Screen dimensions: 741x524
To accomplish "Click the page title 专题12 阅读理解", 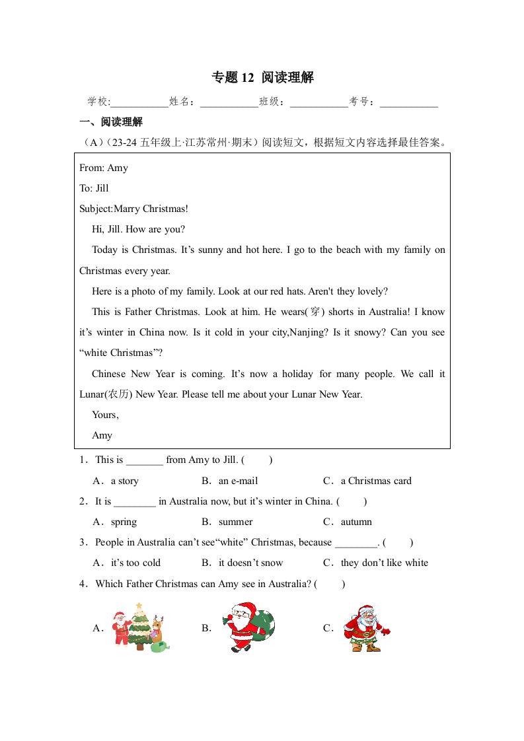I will pos(262,77).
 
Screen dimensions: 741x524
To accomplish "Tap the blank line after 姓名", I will pos(229,102).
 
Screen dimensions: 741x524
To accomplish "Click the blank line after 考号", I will pos(409,102).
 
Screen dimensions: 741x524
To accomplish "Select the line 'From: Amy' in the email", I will pos(104,168).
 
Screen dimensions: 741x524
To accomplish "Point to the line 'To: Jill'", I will pos(94,188).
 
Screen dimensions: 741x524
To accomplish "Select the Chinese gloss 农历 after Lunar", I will pos(121,394).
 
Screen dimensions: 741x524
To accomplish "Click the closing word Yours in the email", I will pos(104,415).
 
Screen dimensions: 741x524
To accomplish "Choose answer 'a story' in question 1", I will pos(125,481).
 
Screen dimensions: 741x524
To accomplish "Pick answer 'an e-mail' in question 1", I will pos(238,481).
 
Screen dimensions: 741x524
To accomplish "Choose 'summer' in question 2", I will pos(235,522).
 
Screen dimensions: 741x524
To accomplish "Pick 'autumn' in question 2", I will pos(356,522).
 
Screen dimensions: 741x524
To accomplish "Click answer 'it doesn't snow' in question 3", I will pos(250,563).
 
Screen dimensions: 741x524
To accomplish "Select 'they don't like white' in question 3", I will pos(384,563).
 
